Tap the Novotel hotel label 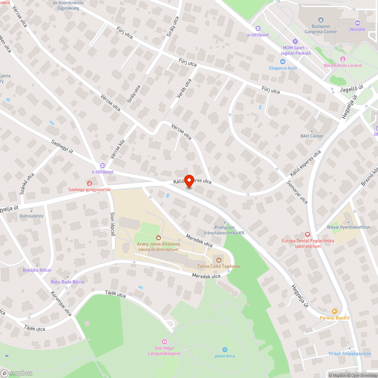coord(358,29)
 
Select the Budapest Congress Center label coord(321,29)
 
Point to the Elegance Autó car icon coord(282,62)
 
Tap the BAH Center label coord(312,136)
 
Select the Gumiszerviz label coord(31,216)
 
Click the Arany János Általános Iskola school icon coord(158,238)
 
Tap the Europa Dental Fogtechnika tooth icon coord(307,234)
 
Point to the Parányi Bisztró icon coord(334,311)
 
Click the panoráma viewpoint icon coord(225,350)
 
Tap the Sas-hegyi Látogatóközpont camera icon coord(164,342)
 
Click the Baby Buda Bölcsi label coord(67,282)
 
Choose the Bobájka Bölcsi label coord(37,270)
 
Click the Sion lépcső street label coord(113,223)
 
